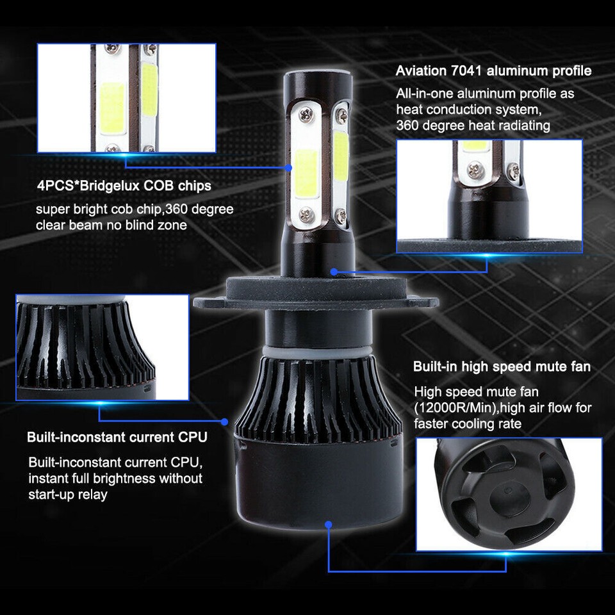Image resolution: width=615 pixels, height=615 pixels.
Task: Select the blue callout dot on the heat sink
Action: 225,422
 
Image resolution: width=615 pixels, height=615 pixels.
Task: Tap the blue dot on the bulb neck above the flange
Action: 334,271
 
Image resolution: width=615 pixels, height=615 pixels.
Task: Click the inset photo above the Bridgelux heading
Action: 126,98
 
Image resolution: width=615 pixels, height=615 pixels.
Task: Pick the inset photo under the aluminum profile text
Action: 489,196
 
